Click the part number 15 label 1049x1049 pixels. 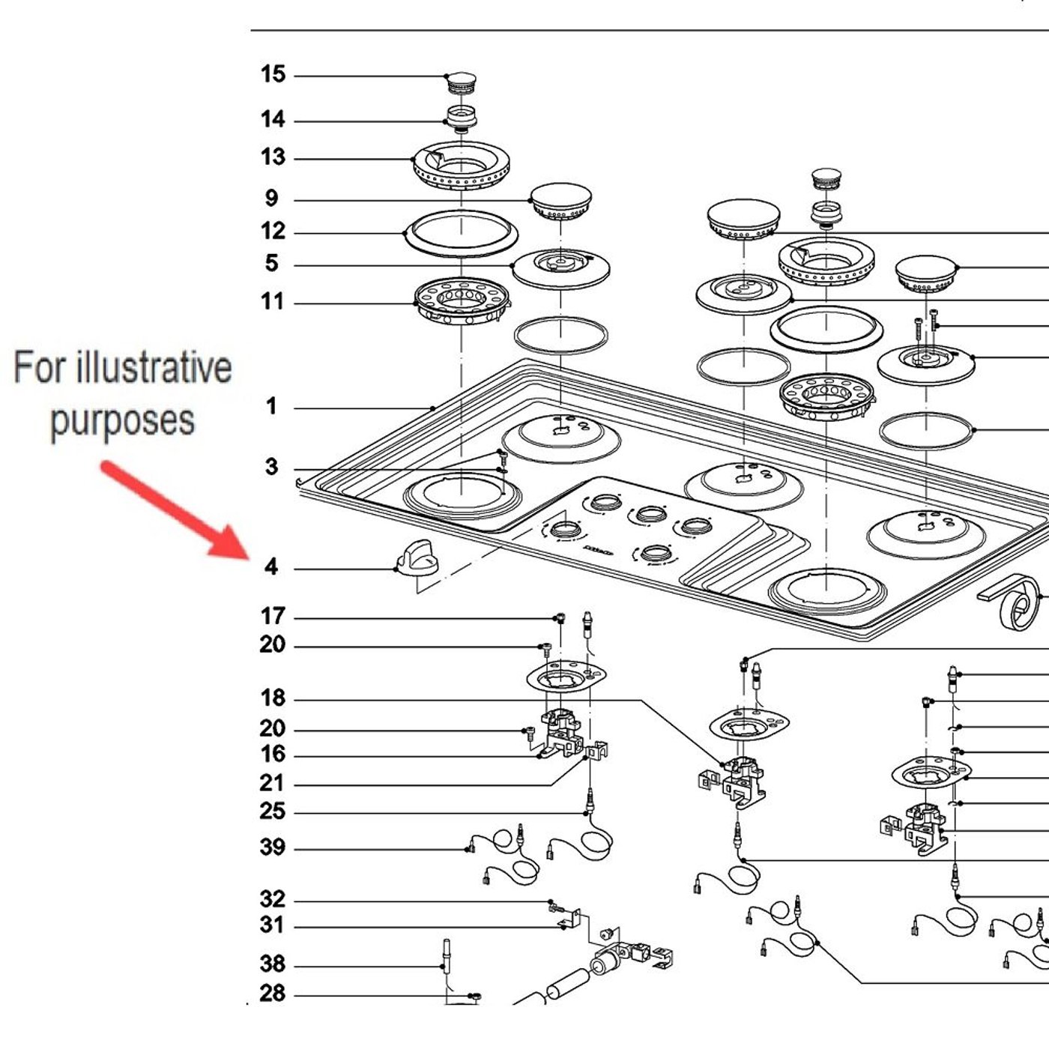click(x=273, y=75)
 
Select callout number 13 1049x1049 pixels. click(x=273, y=157)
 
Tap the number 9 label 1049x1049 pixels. click(x=271, y=199)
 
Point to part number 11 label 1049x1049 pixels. click(x=273, y=302)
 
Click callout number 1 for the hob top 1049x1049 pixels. click(x=271, y=407)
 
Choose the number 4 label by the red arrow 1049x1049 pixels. click(x=271, y=567)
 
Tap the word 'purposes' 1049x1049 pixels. click(x=122, y=420)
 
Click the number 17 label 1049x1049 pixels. click(x=273, y=617)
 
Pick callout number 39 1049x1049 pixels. click(x=273, y=847)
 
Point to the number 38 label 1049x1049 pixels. click(x=273, y=964)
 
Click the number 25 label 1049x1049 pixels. click(x=273, y=811)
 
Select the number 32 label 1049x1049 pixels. click(x=273, y=899)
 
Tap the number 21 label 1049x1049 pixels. click(x=273, y=784)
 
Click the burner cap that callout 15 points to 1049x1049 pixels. click(x=460, y=81)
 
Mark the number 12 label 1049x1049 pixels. click(x=273, y=231)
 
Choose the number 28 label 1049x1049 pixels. click(x=273, y=994)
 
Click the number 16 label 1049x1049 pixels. click(x=273, y=754)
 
